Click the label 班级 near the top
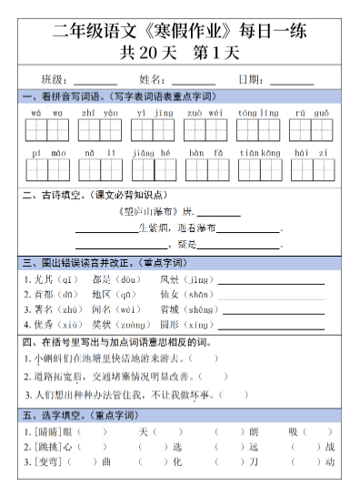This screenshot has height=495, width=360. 55,79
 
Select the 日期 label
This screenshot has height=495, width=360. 251,79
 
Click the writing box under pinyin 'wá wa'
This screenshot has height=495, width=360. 46,130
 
